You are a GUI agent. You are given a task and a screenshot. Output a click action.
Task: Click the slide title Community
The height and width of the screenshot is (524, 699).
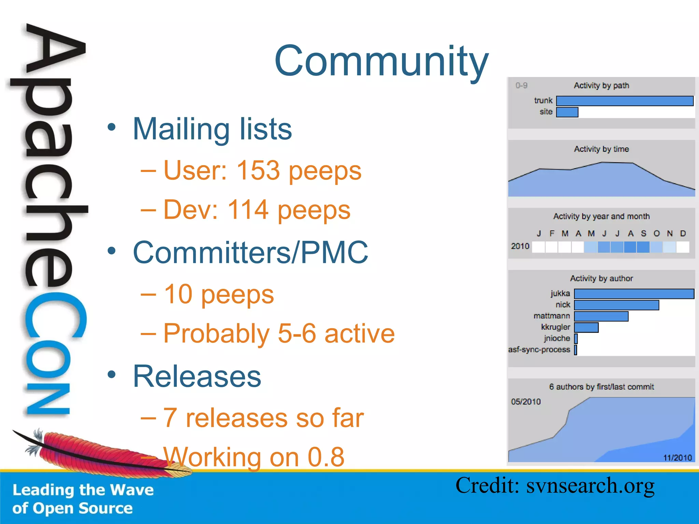381,61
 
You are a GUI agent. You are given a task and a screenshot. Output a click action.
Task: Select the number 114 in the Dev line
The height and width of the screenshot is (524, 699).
248,209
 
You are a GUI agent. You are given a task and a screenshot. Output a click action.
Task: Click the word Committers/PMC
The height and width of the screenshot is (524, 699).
251,252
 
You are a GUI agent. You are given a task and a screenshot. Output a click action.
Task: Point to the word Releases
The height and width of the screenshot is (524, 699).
197,376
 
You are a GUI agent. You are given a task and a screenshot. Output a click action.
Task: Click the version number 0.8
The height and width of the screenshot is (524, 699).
326,457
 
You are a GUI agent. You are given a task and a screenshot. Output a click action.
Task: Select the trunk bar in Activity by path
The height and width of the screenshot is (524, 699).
625,101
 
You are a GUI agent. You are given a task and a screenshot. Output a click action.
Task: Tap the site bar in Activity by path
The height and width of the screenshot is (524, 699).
567,112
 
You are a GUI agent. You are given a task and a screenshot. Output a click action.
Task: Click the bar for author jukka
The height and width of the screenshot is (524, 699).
634,294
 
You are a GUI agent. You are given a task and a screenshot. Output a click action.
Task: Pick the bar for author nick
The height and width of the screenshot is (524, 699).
616,305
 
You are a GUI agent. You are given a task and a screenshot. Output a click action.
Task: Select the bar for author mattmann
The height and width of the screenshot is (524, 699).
601,316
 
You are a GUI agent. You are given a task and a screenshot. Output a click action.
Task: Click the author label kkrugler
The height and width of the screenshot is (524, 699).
555,327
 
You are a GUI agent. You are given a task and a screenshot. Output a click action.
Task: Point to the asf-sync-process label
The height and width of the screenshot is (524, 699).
539,350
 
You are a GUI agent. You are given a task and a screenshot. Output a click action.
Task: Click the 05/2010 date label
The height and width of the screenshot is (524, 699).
526,402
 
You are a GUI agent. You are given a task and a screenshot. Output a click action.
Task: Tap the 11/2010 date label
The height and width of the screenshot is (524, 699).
677,457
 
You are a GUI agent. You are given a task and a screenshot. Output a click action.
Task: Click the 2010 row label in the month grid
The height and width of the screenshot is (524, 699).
520,246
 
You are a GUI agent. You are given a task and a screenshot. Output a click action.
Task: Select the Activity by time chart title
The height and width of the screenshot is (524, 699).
601,149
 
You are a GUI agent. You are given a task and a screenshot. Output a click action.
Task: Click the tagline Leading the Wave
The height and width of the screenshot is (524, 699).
83,490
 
